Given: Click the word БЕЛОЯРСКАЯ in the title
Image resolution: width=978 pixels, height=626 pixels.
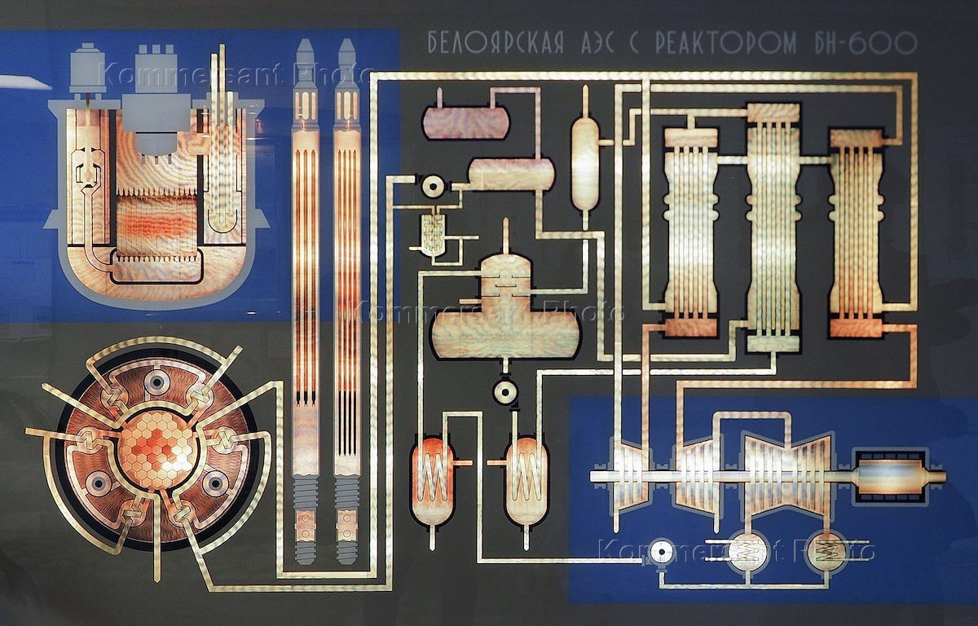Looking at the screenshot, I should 496,44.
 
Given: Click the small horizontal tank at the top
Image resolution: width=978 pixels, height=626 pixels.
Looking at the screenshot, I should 464,121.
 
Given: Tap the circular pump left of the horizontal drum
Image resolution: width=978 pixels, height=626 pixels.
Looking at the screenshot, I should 430,186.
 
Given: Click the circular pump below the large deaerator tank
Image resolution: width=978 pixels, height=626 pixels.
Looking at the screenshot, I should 506,393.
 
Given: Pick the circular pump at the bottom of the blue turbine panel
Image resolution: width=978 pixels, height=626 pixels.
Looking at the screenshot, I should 662,553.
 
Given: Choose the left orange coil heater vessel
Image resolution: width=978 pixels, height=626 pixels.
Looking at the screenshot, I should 432,481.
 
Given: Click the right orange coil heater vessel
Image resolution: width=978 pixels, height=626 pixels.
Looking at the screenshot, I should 526,481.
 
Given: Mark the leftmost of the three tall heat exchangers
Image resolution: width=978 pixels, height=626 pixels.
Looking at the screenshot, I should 690,232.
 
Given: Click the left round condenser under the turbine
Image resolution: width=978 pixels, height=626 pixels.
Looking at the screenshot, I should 747,553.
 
